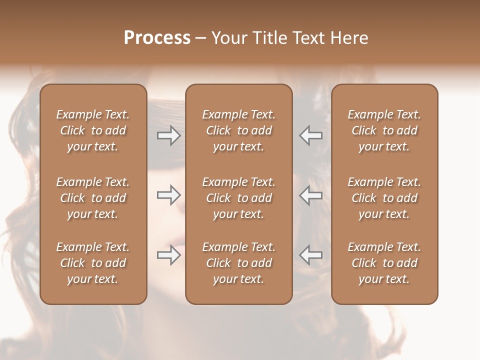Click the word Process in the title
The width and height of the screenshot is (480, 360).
pos(157,38)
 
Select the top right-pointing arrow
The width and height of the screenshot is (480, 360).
pos(168,135)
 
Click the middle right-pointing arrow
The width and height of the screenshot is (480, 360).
pos(168,195)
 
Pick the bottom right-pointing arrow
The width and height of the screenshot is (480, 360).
pos(168,255)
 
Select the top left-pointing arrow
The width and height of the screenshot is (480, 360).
pos(310,135)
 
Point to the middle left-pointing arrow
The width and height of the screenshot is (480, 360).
pos(310,195)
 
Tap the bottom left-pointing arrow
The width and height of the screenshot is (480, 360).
pos(310,255)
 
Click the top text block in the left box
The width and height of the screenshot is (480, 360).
pos(93,130)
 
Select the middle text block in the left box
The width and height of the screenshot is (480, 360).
pos(93,198)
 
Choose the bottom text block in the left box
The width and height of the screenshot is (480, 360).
pos(93,263)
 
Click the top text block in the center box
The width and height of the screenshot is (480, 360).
pos(239,130)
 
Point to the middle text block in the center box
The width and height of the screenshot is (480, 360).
pos(239,198)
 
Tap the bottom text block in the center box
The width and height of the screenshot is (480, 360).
pos(239,263)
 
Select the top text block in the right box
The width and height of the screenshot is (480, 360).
pos(384,130)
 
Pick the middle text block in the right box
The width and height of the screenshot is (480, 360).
pos(384,198)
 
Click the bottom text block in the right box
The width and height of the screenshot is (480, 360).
pos(384,263)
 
